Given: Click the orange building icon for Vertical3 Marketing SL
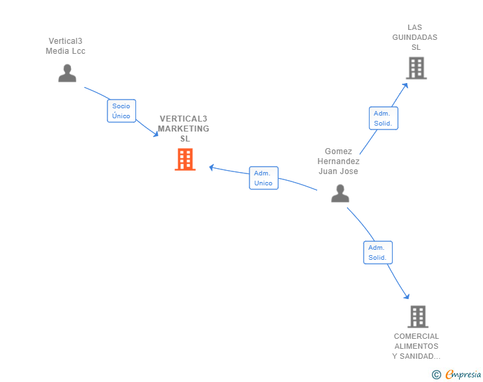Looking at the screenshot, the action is click(x=185, y=159).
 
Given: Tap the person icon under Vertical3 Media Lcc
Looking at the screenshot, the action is click(x=67, y=73).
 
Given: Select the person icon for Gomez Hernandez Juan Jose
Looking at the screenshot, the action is click(x=340, y=193).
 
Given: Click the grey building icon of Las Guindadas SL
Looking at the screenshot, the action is click(x=417, y=68).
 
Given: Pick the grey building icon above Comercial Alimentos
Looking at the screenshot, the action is click(x=418, y=317).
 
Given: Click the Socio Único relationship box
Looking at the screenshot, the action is click(x=121, y=111).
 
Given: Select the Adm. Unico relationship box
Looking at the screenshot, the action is click(x=263, y=178).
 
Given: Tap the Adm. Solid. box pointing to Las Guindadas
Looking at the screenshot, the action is click(x=383, y=118).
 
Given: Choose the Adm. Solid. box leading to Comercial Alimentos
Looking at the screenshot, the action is click(x=378, y=252).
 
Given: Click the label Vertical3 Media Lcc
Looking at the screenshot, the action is click(x=65, y=46).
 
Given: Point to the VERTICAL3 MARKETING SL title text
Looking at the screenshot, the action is click(x=184, y=129).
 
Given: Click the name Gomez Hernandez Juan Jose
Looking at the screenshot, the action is click(x=338, y=161).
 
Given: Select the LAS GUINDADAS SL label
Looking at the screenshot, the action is click(x=415, y=37).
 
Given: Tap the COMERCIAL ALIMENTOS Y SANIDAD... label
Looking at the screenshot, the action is click(x=417, y=346).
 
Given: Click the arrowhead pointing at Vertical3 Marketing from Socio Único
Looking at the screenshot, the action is click(x=156, y=134).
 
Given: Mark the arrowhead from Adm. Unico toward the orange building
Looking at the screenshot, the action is click(x=212, y=167).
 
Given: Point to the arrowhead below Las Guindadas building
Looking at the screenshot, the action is click(x=405, y=86).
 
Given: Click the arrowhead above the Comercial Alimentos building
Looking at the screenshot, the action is click(x=407, y=296).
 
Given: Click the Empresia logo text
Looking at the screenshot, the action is click(x=463, y=375).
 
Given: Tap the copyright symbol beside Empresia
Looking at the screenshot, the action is click(x=437, y=375).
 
